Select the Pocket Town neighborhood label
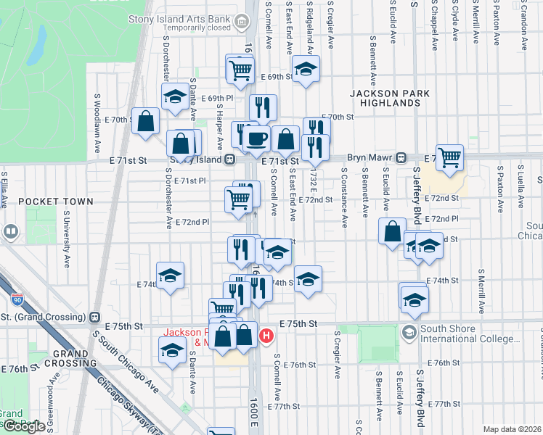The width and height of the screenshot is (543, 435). click(x=56, y=201)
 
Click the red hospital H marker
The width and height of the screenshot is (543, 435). click(x=266, y=336)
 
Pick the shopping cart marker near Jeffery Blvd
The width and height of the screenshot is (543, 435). click(x=450, y=156)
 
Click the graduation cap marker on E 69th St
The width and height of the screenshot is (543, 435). click(x=306, y=70)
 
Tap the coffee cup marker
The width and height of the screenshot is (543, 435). click(x=256, y=138)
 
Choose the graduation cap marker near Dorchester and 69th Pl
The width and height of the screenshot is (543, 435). click(x=175, y=96)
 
